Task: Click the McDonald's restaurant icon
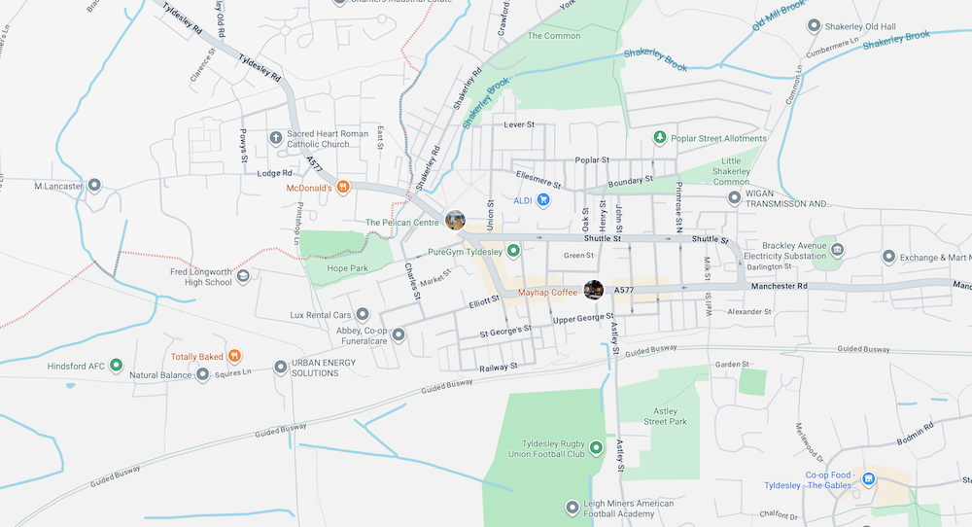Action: coord(343,188)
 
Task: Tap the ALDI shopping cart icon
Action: coord(544,200)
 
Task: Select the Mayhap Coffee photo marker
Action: coord(593,290)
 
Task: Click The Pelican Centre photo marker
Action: coord(454,221)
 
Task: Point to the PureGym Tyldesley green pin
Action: coord(514,251)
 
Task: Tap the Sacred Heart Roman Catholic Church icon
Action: coord(276,138)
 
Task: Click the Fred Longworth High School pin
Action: coord(243,276)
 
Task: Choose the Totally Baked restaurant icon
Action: coord(234,357)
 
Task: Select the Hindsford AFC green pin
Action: coord(116,367)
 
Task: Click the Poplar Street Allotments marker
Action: coord(660,138)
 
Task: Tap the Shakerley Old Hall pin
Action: coord(814,25)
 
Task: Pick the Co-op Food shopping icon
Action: coord(869,479)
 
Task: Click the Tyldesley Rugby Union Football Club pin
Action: coord(596,447)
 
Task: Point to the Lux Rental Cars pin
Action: coord(363,314)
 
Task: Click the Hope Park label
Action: coord(346,267)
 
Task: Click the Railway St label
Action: coord(499,368)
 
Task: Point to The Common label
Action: coord(554,36)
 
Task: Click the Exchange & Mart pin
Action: coord(887,257)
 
